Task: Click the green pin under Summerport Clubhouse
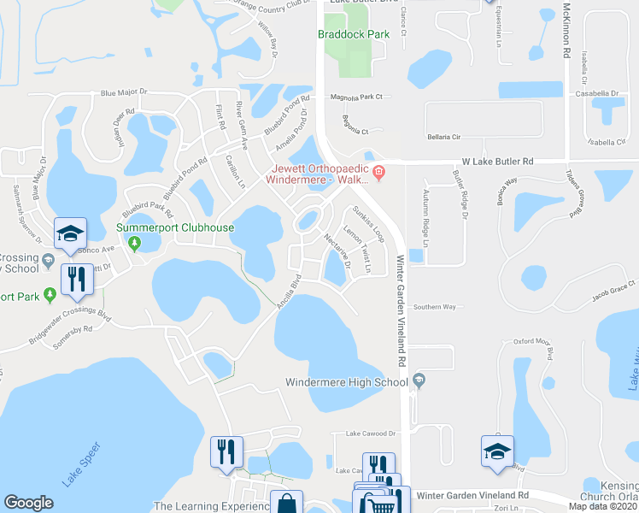tap(133, 244)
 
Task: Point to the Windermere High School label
tap(346, 382)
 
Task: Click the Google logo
tap(28, 503)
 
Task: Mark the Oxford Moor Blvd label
tap(535, 342)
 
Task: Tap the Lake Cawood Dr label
tap(371, 434)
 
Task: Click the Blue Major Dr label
tap(124, 92)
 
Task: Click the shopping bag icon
tap(285, 504)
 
